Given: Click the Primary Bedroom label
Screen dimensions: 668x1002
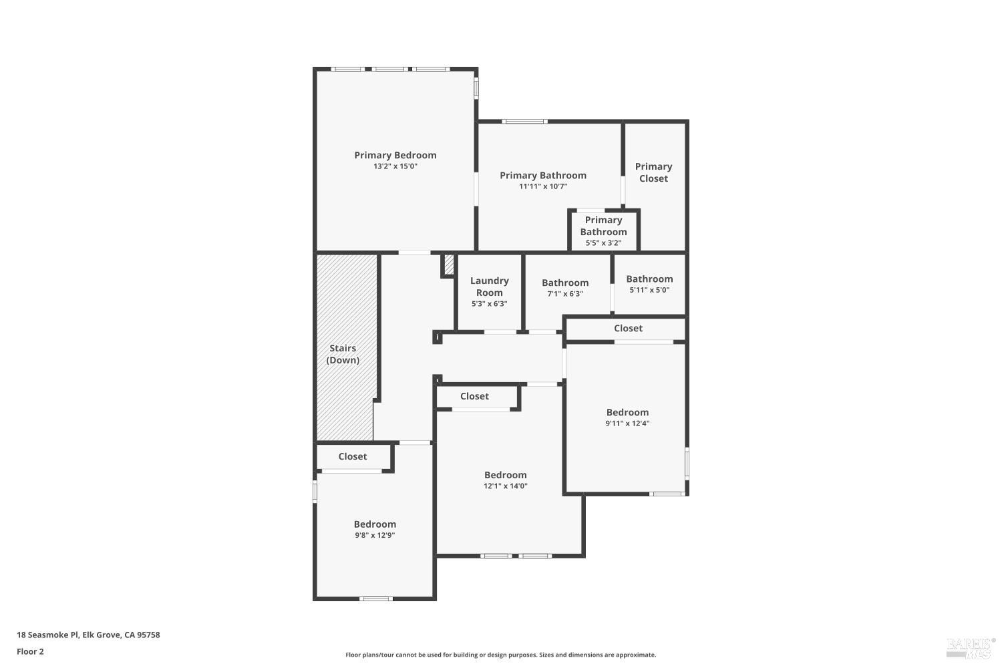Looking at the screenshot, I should click(395, 155).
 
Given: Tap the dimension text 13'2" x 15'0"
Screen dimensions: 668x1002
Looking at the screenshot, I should click(395, 166).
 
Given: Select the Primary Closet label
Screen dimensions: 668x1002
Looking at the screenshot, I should click(653, 172).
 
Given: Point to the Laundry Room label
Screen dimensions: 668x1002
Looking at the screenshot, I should click(489, 287).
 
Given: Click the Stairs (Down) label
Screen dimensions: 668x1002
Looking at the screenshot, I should click(343, 354).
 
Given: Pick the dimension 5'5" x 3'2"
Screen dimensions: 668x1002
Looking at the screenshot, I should click(603, 243).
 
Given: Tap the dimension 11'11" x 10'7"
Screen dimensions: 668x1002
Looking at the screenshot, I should click(542, 186).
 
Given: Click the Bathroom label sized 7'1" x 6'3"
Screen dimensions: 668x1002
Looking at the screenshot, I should click(565, 283).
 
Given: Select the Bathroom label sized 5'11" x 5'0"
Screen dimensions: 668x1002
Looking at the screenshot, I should click(649, 279).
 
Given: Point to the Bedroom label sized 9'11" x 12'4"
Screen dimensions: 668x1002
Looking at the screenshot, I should click(627, 412).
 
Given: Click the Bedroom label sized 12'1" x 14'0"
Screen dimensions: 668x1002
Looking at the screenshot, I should click(506, 475).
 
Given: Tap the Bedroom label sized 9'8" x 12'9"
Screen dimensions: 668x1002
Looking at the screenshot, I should click(375, 524).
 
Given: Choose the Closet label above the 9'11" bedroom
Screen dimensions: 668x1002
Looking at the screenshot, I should click(628, 328).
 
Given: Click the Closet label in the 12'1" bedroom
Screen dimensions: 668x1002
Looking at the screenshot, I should click(474, 396).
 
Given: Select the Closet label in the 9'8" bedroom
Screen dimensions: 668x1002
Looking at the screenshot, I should click(352, 456).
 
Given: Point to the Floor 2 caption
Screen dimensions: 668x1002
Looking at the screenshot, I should click(30, 651).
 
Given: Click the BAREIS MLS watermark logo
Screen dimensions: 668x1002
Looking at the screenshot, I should click(970, 646).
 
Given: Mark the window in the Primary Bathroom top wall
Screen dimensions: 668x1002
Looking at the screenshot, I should click(524, 122).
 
